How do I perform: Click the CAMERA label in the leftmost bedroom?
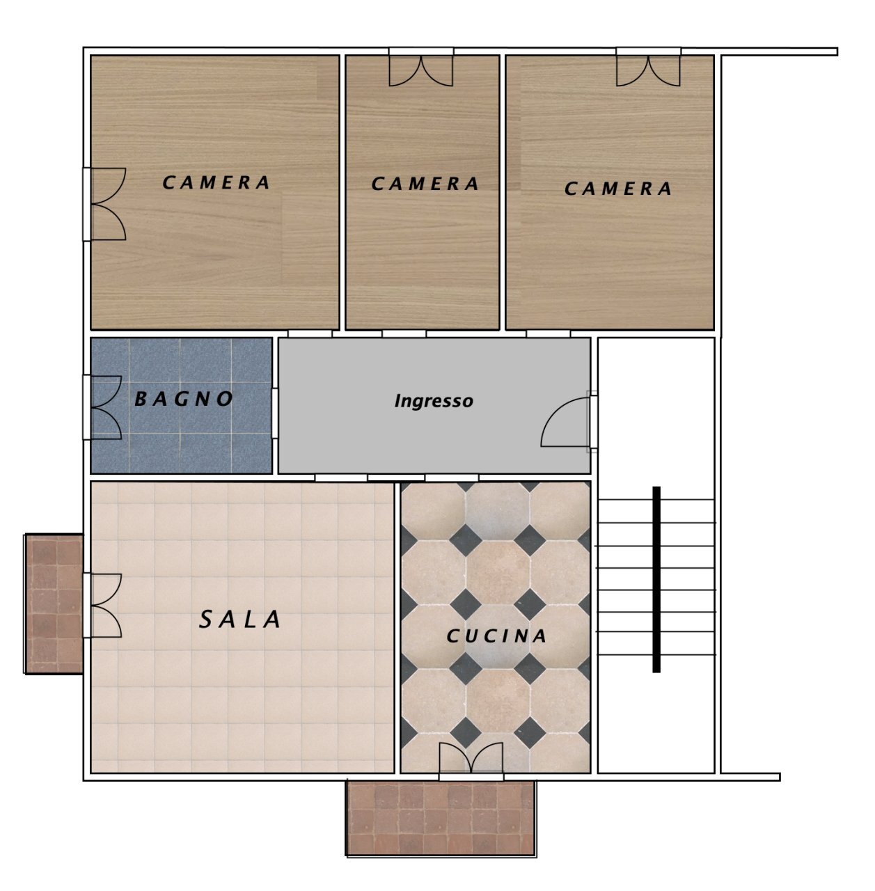coord(216,183)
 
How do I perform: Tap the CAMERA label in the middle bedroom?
coord(425,184)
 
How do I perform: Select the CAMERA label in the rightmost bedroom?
coord(618,189)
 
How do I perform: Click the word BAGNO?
coord(184,400)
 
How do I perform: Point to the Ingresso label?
coord(434,401)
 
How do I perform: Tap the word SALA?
coord(241,620)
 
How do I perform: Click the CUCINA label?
coord(496,636)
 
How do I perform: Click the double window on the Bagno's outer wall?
coord(104,407)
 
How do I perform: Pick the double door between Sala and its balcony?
coord(103,606)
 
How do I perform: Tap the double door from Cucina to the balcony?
coord(471,760)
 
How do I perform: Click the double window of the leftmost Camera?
coord(106,205)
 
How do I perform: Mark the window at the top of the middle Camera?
coord(421,68)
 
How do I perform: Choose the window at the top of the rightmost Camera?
coord(648,68)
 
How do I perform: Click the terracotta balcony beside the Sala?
coord(54,604)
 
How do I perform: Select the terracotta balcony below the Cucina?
coord(441,818)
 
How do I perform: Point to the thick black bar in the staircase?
coord(656,579)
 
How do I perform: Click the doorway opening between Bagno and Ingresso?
coord(275,413)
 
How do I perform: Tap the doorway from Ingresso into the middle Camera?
coord(404,334)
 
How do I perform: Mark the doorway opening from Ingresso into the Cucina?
coord(452,478)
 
